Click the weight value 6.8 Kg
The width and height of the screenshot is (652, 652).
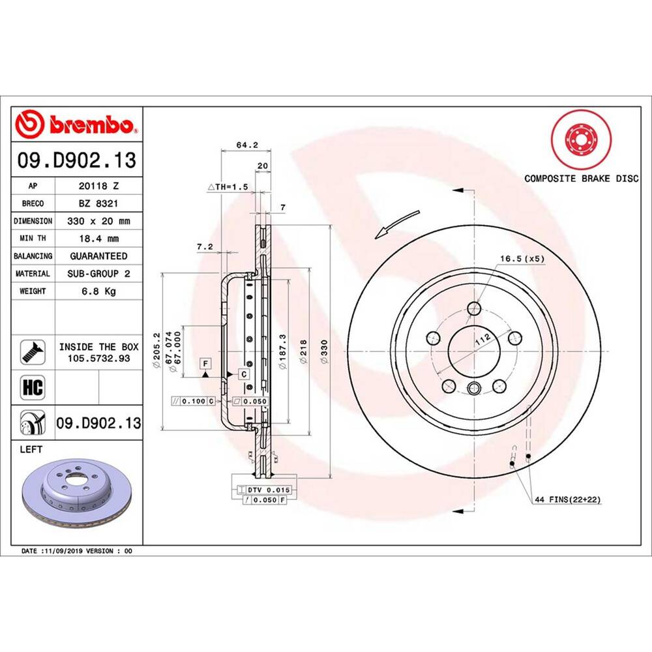coord(98,291)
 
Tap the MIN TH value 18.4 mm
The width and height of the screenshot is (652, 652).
coord(98,239)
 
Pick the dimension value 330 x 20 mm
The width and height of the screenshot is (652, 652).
coord(98,221)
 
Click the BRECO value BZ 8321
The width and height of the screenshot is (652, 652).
coord(98,203)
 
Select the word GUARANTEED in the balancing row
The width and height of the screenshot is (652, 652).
coord(98,256)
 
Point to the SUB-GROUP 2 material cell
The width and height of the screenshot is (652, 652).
coord(98,274)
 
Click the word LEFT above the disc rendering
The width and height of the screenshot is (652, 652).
coord(31,449)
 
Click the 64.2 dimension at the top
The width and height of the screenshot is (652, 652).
coord(243,145)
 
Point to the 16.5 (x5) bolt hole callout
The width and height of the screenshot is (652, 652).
coord(522,258)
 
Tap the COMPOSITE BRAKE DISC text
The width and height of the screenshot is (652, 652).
coord(582,179)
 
